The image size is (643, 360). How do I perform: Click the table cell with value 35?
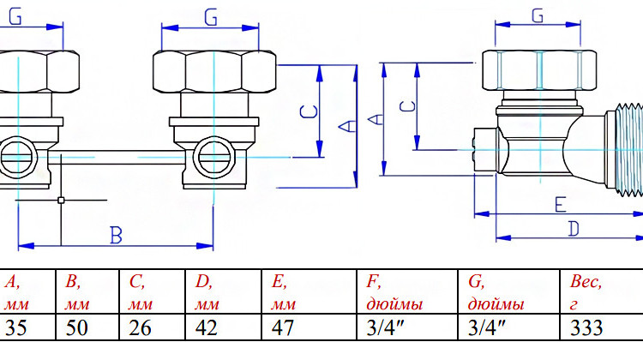point(16,327)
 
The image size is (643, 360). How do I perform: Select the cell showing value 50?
point(76,327)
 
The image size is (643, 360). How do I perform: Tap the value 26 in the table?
point(140,327)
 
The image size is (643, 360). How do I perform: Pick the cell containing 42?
point(207,327)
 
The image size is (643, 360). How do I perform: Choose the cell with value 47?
point(283,327)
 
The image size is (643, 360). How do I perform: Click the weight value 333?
point(586,327)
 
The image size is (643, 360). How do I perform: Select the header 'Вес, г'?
point(586,293)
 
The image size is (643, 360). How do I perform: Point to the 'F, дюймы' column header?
point(394,293)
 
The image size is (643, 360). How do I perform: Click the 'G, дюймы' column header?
point(496,293)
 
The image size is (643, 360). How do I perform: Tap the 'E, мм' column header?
point(284,293)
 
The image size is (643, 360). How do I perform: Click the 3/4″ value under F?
point(385,327)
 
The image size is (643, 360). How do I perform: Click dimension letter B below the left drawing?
point(117,236)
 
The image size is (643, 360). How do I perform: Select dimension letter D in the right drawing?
point(574,229)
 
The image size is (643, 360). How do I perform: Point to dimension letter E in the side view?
point(561,204)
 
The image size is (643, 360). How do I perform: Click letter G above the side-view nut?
point(538,16)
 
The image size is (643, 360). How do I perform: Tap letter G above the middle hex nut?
point(211,18)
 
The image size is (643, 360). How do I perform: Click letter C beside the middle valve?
point(309,111)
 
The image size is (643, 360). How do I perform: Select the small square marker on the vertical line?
point(61,200)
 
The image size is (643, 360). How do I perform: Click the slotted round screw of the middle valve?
point(213,158)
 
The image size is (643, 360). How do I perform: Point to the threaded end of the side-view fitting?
point(624,151)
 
